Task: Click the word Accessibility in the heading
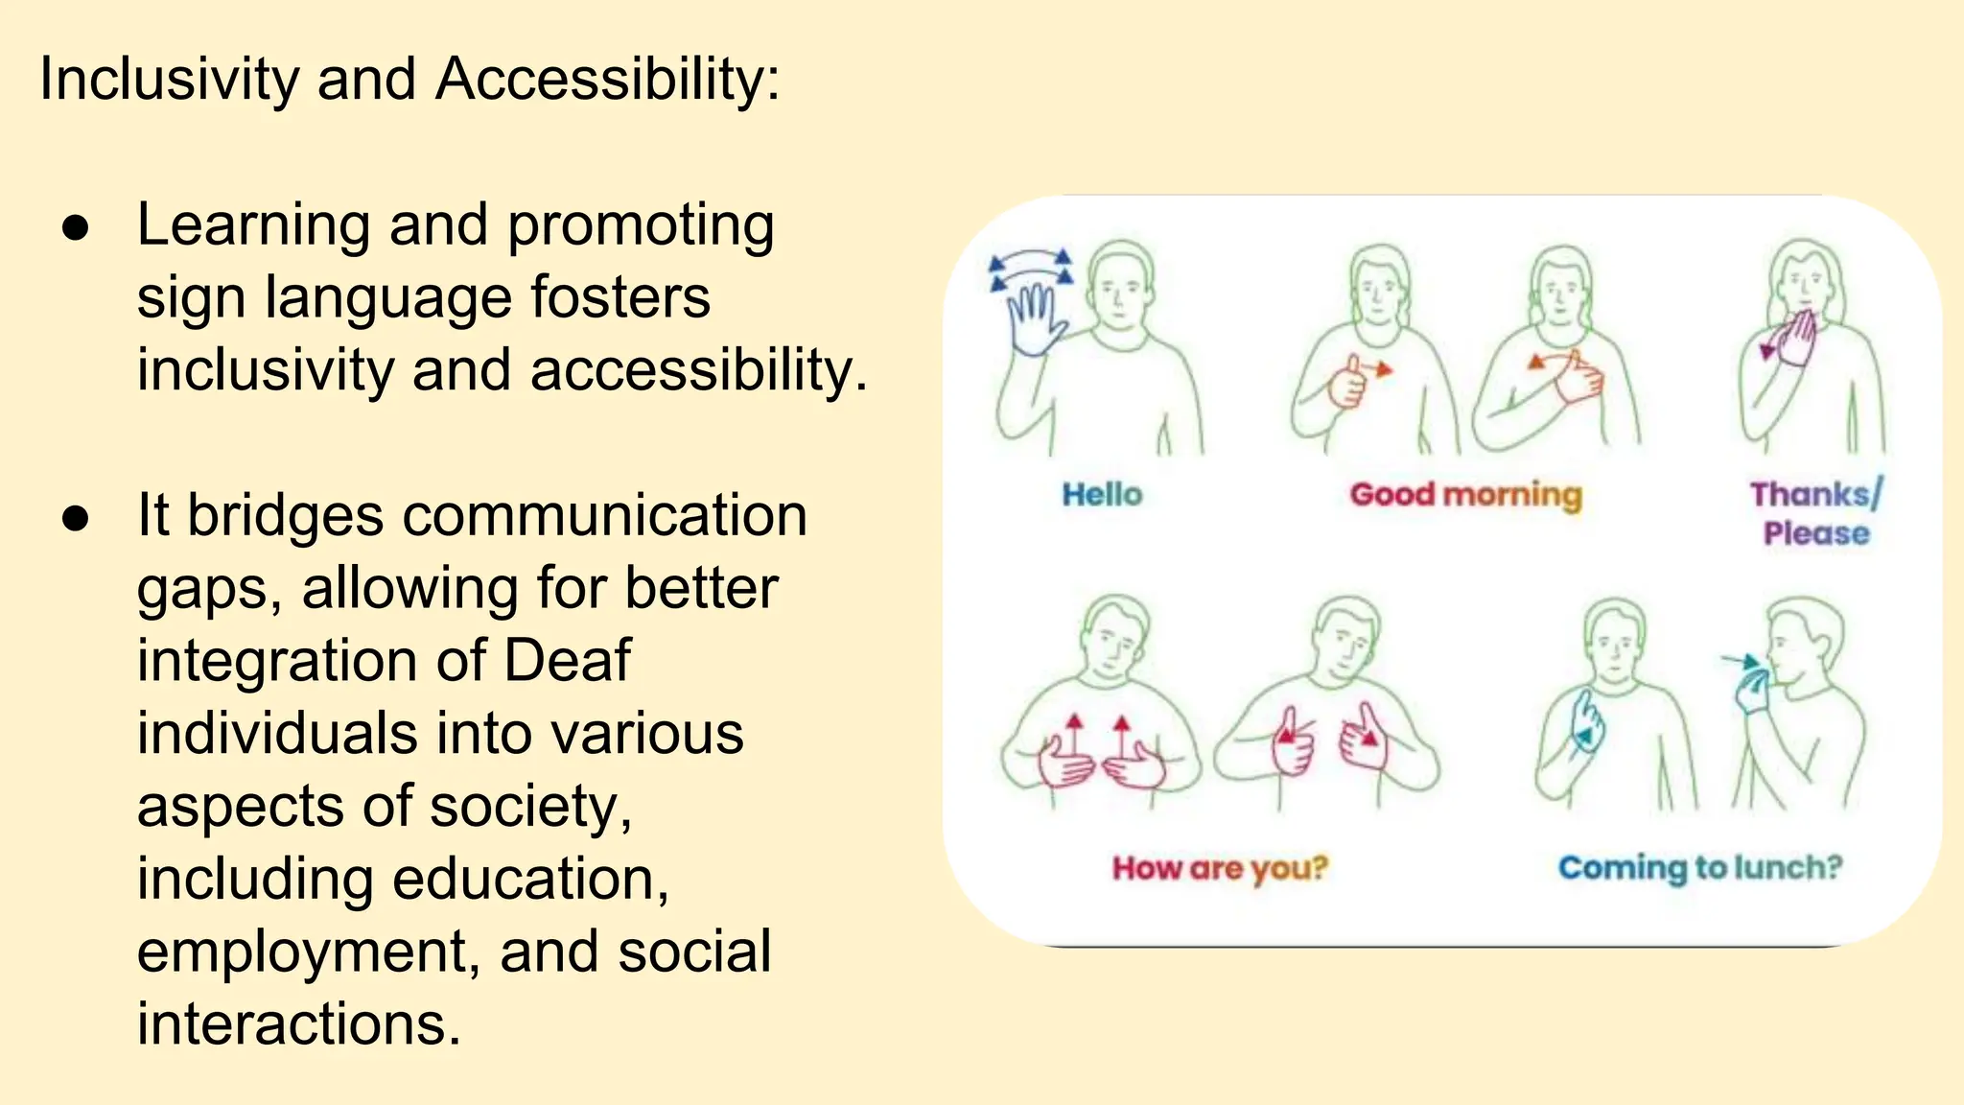607,79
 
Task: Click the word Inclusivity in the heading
169,79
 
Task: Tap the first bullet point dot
75,228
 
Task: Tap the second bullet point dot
75,519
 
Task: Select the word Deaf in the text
567,661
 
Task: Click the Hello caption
1102,495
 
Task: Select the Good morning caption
1465,495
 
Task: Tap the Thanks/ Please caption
1815,513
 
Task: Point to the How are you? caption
1220,868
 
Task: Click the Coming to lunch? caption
1699,868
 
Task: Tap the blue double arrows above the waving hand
1031,268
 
